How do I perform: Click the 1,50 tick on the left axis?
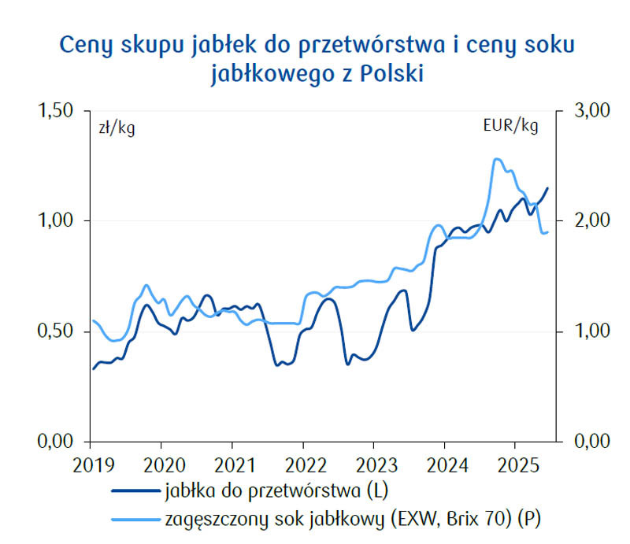57,111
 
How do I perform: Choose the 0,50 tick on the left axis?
57,331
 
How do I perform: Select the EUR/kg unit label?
511,127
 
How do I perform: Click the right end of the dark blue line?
547,188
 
